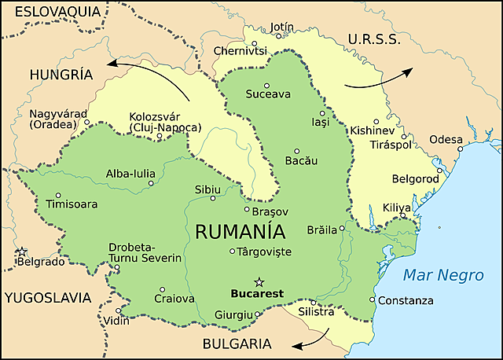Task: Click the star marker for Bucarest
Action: point(259,281)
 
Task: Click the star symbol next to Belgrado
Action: point(23,252)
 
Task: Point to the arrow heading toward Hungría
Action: point(149,75)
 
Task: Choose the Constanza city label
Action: point(406,300)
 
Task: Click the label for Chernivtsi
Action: point(240,51)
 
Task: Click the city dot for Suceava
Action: point(267,85)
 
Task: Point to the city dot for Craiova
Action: point(162,289)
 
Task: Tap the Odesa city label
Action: point(446,139)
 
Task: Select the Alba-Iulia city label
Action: point(130,174)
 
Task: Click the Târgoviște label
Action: point(265,252)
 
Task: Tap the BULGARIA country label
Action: point(237,343)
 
